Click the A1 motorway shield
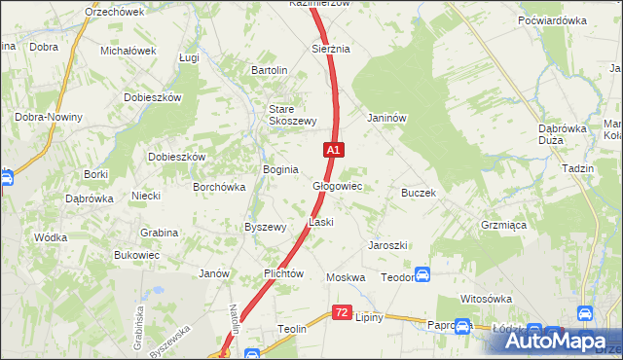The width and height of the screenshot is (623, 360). [333, 150]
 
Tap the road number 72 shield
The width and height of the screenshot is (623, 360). [341, 312]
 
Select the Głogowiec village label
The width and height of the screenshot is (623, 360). [337, 186]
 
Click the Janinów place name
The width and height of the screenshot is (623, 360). [385, 118]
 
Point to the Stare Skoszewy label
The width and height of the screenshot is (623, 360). [293, 115]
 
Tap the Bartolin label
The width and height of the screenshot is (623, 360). [270, 70]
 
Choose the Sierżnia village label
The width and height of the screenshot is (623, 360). [330, 48]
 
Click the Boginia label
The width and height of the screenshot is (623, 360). [280, 169]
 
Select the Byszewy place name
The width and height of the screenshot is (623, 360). [265, 227]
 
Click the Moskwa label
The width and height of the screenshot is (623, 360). [346, 277]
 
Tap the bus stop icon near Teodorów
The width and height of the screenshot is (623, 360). [422, 275]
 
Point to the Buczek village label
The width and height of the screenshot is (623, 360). [418, 193]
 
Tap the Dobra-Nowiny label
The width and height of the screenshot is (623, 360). [48, 117]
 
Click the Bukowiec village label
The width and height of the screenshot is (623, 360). [136, 255]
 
